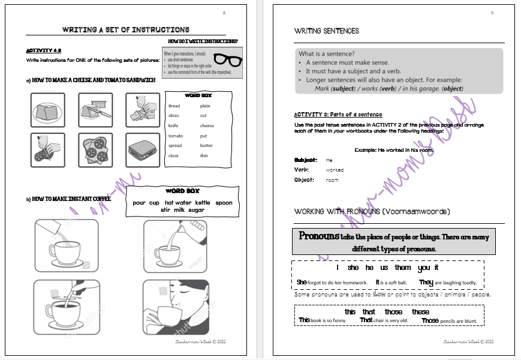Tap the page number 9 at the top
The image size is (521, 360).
(492, 13)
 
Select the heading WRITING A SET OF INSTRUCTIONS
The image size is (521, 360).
(126, 29)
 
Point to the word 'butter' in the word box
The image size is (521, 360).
(206, 145)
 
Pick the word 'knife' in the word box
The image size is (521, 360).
(173, 125)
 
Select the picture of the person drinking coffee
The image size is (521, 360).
(176, 306)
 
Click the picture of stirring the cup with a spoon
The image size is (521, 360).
(62, 306)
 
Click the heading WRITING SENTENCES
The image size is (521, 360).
(326, 31)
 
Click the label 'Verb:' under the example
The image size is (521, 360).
(302, 170)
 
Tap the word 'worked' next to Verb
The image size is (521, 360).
(335, 170)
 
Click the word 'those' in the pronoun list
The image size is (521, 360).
(393, 312)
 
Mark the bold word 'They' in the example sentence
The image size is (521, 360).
(426, 282)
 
